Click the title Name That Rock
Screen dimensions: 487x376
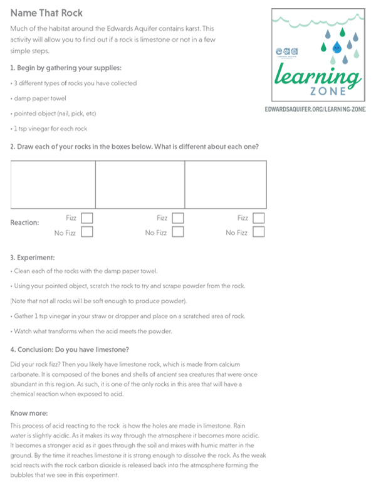(46, 13)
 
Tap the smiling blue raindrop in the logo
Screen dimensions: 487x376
(335, 46)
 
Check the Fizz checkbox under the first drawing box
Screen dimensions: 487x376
(87, 218)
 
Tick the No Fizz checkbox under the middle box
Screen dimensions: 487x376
(178, 232)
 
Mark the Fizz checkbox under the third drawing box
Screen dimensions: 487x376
(258, 218)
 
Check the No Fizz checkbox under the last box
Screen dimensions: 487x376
(258, 232)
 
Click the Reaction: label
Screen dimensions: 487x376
(25, 223)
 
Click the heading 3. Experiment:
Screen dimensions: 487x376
(33, 257)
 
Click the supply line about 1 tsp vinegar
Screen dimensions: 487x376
(50, 128)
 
